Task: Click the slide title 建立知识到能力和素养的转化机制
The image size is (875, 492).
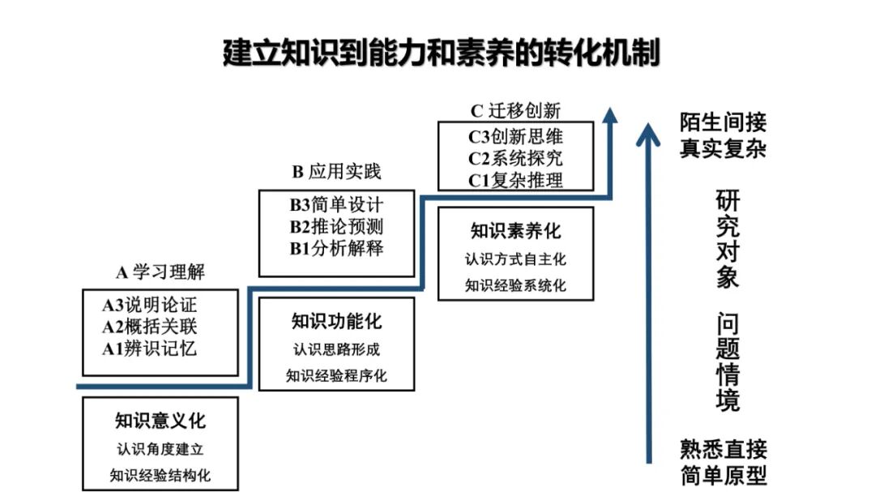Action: pos(442,53)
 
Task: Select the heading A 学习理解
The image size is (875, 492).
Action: pos(160,272)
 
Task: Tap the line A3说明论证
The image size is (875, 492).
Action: pos(149,306)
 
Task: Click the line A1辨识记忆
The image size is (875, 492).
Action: pos(149,349)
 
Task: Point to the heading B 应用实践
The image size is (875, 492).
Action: pos(336,172)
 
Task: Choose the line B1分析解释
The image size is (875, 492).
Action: pos(336,248)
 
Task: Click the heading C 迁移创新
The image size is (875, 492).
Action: pos(515,110)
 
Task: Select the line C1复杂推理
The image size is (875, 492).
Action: pos(515,180)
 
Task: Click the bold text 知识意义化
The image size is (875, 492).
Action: pos(160,421)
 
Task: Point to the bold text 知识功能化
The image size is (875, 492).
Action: pos(336,322)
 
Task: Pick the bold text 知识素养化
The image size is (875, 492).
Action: pos(515,231)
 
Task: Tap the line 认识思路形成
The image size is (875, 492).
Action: pos(336,350)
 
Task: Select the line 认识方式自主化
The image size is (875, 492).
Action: pos(515,260)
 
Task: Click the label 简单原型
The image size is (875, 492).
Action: pos(723,474)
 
